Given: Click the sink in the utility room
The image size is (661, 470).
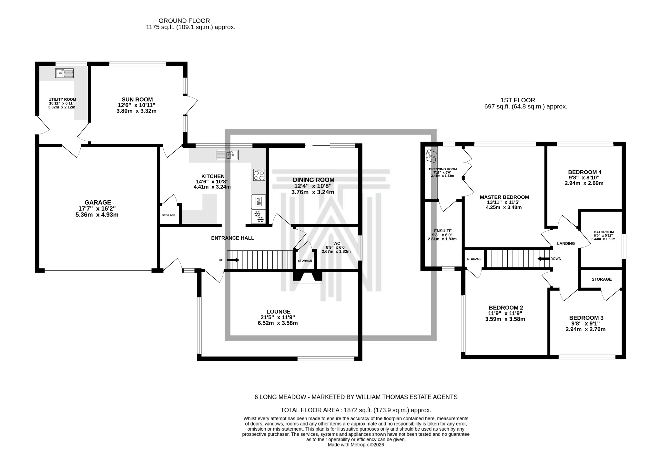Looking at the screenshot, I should point(65,73).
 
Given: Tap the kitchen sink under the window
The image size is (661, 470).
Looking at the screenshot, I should point(227,155).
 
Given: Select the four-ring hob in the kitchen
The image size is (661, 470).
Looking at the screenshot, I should point(259,175).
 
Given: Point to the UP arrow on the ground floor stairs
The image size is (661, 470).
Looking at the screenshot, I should point(233,260).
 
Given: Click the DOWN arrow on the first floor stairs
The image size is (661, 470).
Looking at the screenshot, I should point(544,259).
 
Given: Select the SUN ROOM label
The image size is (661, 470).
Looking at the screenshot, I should point(137,100).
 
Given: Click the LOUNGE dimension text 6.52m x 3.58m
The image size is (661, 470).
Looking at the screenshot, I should point(278,323).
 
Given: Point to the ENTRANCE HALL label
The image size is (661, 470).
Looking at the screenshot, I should point(232,238).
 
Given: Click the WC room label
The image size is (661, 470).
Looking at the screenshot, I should point(337,243).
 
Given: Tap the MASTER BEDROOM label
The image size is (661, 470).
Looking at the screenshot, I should point(504,197).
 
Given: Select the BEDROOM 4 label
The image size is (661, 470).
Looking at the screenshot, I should point(585,172).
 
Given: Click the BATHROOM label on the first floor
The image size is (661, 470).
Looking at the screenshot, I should point(604,232).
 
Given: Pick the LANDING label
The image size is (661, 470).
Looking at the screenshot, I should point(566,244).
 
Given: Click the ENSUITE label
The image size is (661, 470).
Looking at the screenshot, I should point(442,231).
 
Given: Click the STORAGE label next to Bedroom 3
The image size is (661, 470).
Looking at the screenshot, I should point(602,279).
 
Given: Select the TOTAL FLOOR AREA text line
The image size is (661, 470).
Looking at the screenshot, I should point(356,410).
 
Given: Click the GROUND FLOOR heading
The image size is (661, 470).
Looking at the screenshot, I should point(184,21).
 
